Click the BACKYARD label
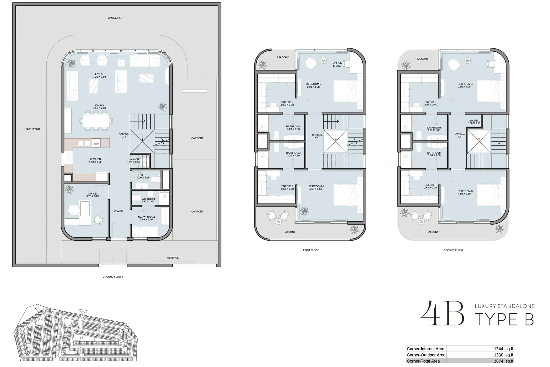click(x=115, y=18)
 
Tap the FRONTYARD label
click(x=32, y=129)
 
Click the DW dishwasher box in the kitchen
click(x=96, y=143)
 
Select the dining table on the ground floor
click(x=96, y=121)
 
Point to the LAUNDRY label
click(x=135, y=159)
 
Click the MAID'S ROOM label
click(x=146, y=217)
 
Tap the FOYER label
click(x=118, y=211)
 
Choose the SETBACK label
click(x=173, y=258)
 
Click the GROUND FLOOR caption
click(x=112, y=277)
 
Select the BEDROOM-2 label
click(x=314, y=84)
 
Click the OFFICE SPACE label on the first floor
click(x=337, y=64)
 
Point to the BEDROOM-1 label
click(x=316, y=186)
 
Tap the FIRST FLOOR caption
click(x=311, y=250)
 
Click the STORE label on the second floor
click(x=473, y=121)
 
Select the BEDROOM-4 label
click(x=465, y=84)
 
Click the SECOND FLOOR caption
click(x=454, y=250)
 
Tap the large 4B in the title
click(x=442, y=313)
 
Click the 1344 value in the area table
click(x=498, y=349)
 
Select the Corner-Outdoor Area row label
click(x=426, y=355)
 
